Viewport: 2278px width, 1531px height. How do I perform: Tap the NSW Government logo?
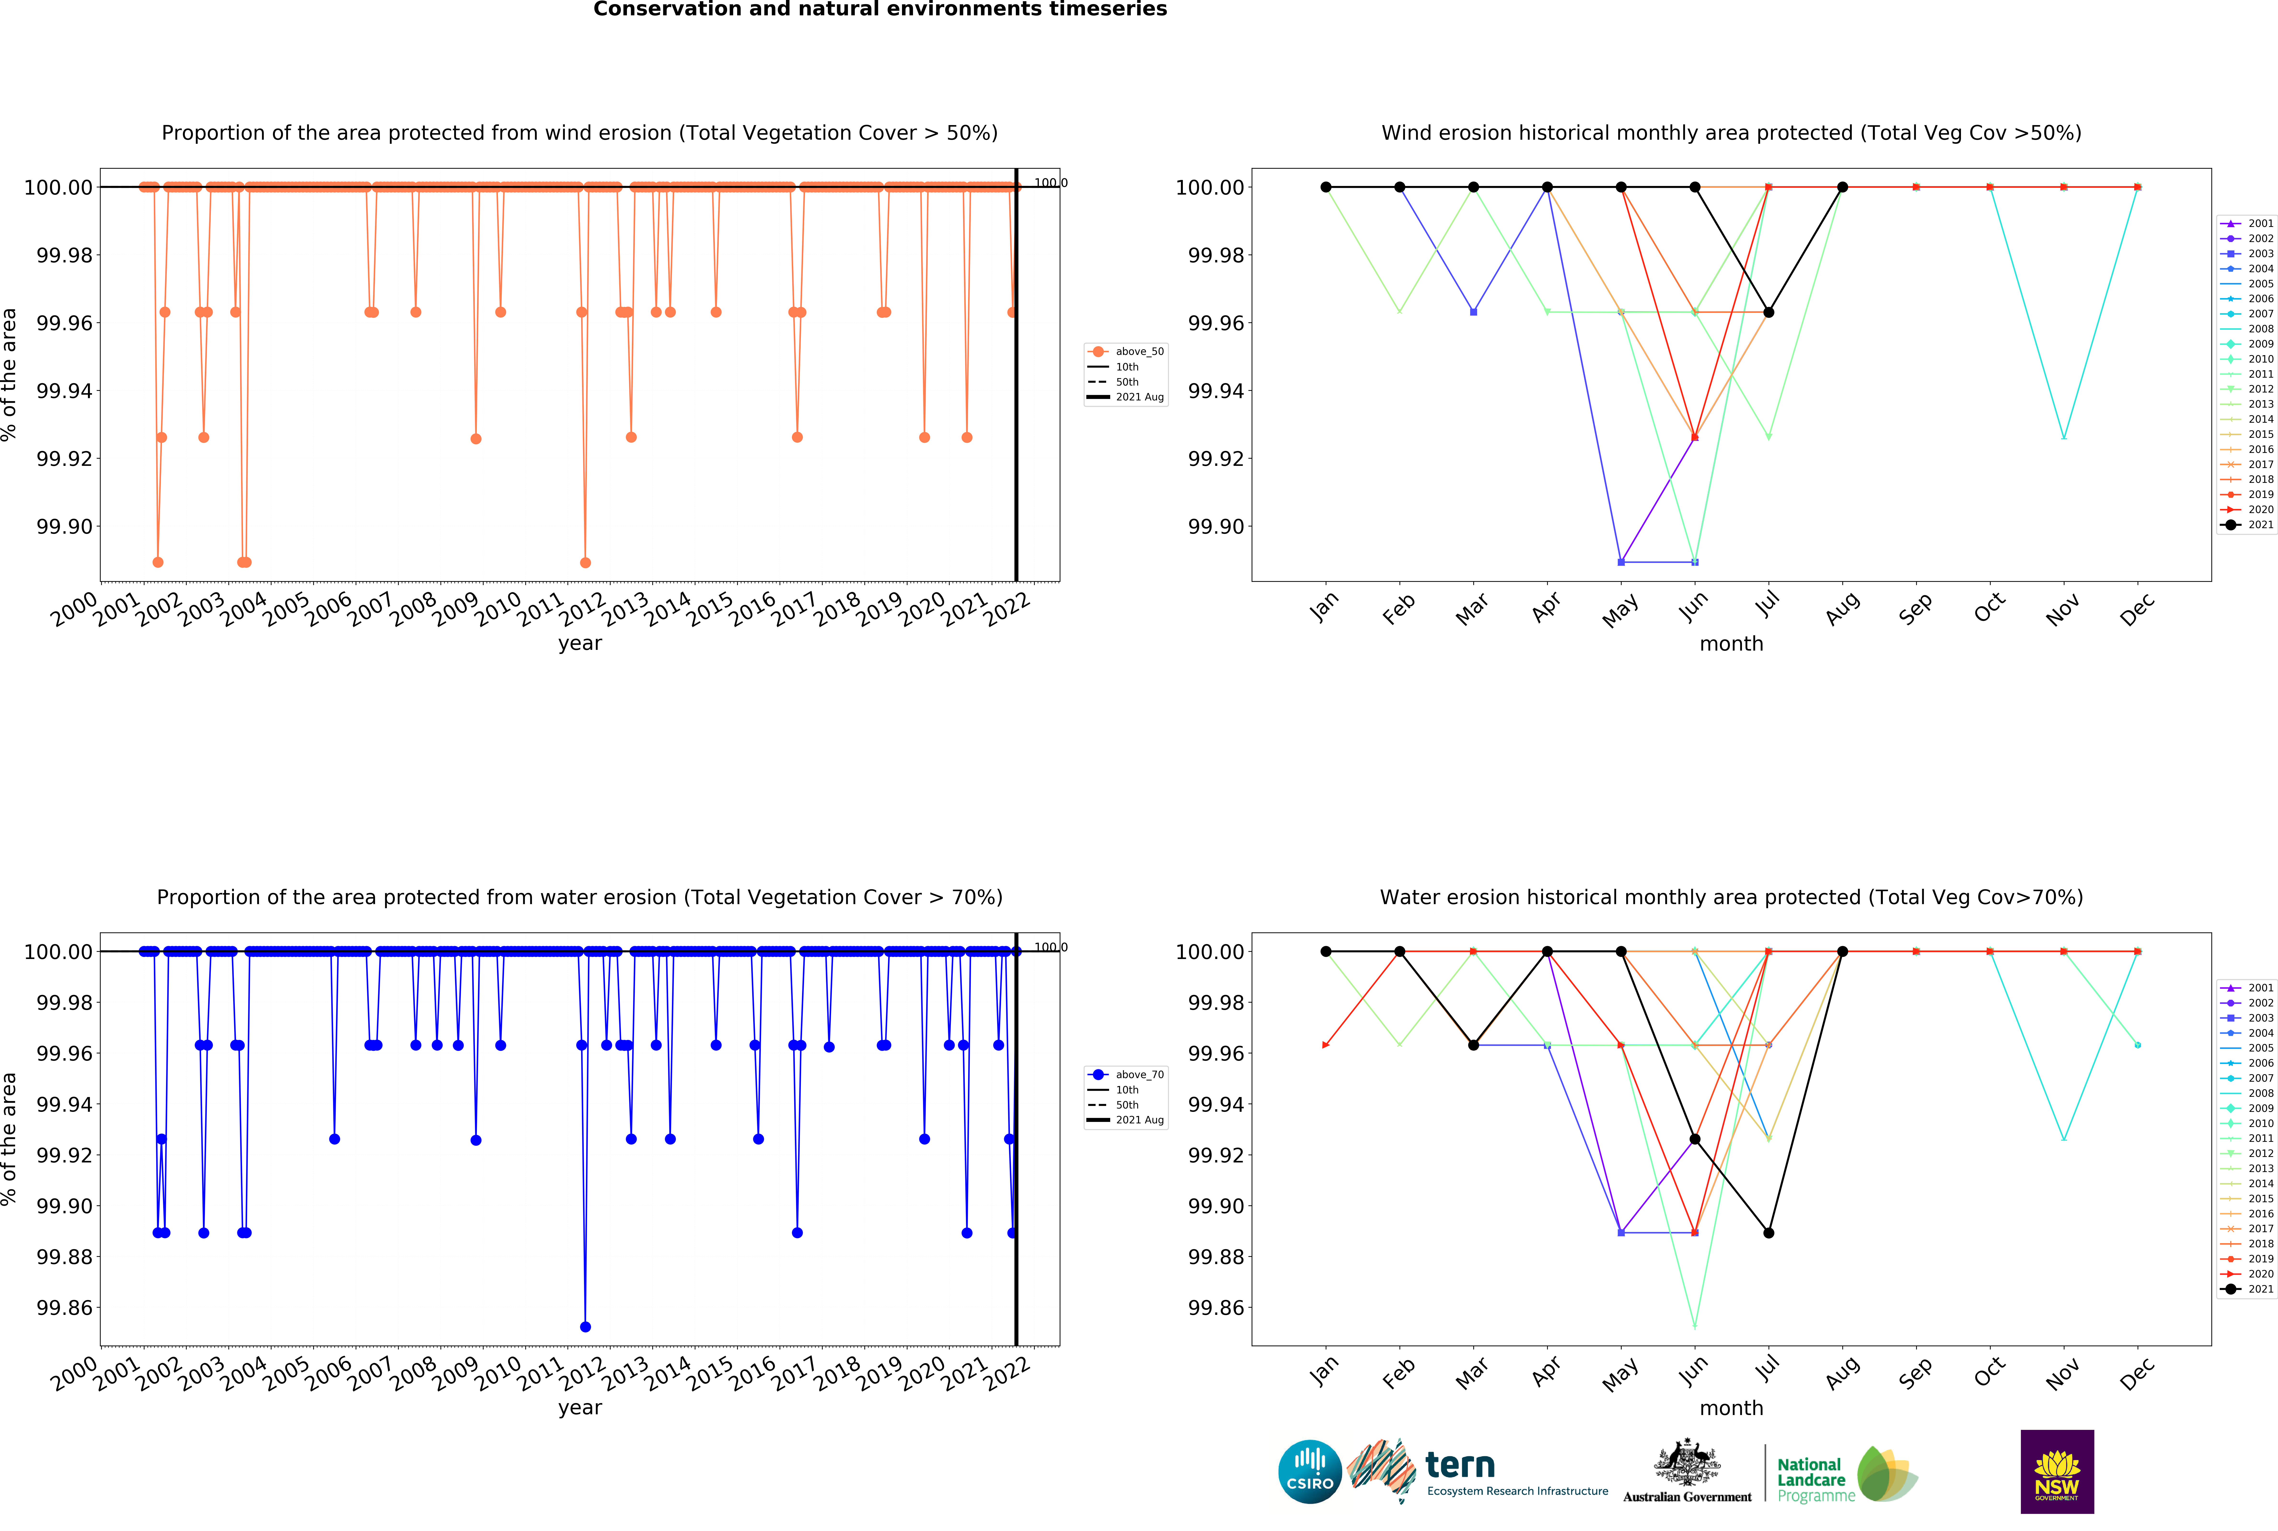coord(2056,1471)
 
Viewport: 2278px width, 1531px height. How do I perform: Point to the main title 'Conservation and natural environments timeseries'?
coord(880,10)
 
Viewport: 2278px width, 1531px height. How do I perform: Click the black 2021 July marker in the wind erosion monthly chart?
coord(1768,312)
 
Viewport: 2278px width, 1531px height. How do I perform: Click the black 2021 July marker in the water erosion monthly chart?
coord(1768,1233)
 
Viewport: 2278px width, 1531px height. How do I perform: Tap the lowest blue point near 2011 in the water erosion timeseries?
coord(585,1327)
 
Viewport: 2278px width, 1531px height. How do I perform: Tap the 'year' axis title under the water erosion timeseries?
coord(580,1408)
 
